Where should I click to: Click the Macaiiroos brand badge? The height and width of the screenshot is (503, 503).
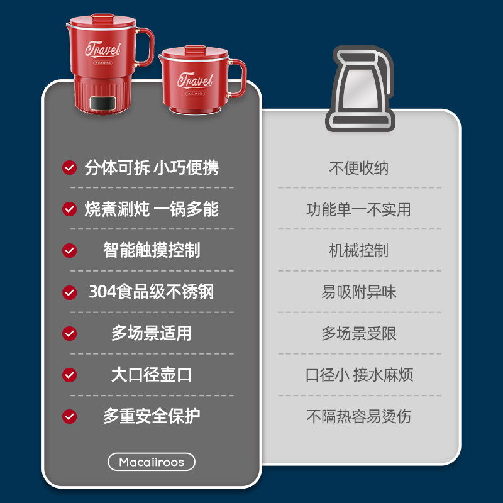coord(152,462)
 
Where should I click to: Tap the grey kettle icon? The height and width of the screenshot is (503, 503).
coord(360,89)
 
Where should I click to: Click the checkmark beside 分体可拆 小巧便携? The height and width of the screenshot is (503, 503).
coord(69,167)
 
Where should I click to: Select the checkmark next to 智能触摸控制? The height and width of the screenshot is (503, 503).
coord(69,250)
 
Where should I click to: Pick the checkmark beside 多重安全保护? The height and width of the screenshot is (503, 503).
coord(69,416)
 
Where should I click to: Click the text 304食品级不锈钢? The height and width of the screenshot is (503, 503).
coord(152,292)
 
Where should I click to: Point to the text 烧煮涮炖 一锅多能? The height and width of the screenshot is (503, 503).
coord(152,209)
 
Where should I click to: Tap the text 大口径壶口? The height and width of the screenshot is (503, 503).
coord(152,375)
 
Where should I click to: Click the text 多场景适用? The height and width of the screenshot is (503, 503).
coord(152,333)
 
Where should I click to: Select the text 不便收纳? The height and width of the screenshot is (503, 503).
coord(359,168)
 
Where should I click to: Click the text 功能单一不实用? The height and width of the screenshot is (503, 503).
coord(358,209)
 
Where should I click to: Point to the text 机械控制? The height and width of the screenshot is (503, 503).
coord(358,250)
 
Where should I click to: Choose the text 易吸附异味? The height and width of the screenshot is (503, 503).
coord(359,292)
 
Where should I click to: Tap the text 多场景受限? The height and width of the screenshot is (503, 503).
coord(359,333)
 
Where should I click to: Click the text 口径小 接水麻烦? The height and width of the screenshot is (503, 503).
coord(359,375)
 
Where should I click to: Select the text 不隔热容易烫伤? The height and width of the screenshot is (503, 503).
coord(358,416)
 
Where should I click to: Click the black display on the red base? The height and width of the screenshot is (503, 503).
coord(103,102)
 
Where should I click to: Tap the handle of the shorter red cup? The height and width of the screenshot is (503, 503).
coord(238,78)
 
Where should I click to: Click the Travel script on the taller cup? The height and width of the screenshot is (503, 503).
coord(103,49)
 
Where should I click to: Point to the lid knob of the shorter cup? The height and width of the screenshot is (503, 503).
coord(195,49)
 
